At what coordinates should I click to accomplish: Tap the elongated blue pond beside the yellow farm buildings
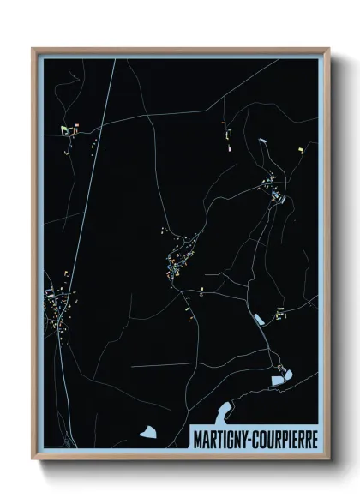257,319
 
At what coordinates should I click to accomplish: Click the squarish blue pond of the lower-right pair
277,379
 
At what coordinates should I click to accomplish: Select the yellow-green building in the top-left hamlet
64,130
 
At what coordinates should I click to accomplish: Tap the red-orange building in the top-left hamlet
75,130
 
